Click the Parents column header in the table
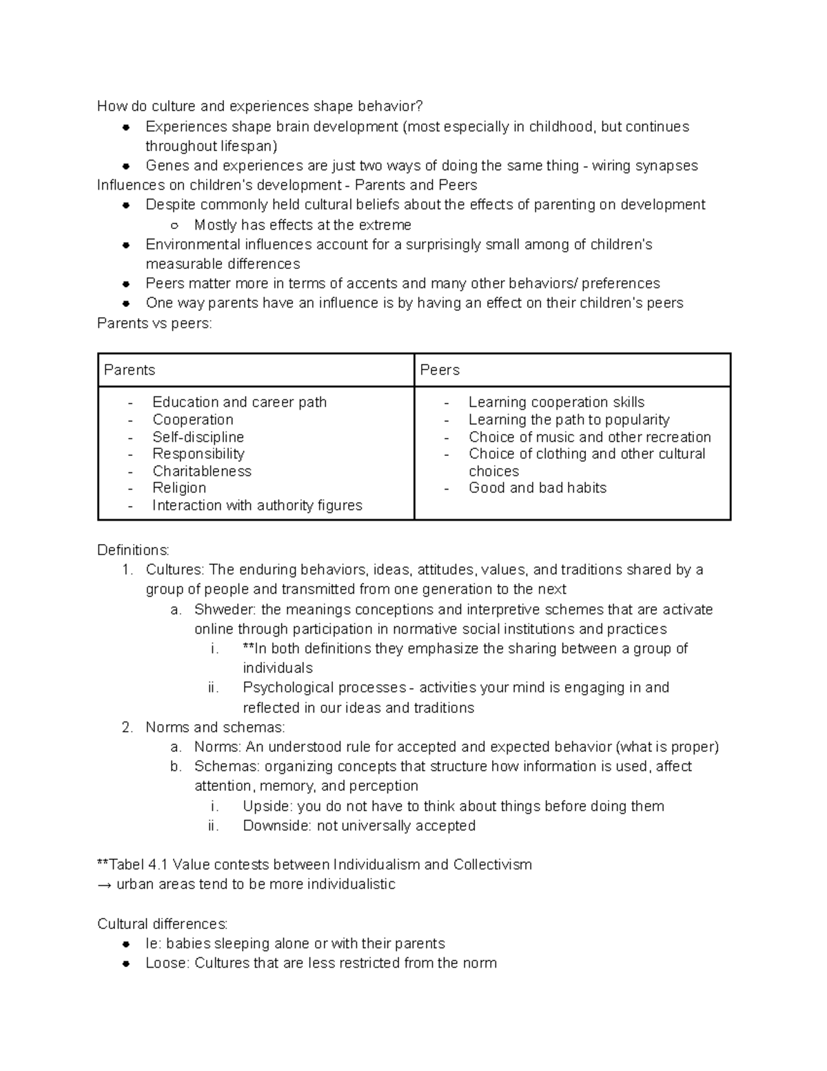click(x=130, y=370)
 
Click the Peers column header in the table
click(x=440, y=370)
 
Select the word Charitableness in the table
click(x=202, y=471)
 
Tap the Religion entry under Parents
click(x=179, y=488)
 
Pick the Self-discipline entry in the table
click(x=198, y=437)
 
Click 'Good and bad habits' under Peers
click(x=538, y=488)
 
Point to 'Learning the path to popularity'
click(x=569, y=420)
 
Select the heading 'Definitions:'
click(x=133, y=550)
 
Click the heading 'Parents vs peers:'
click(x=155, y=323)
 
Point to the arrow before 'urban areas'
click(x=105, y=885)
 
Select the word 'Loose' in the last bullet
click(x=165, y=963)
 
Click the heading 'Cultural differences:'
click(x=163, y=924)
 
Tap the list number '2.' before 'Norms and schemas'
click(x=127, y=728)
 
